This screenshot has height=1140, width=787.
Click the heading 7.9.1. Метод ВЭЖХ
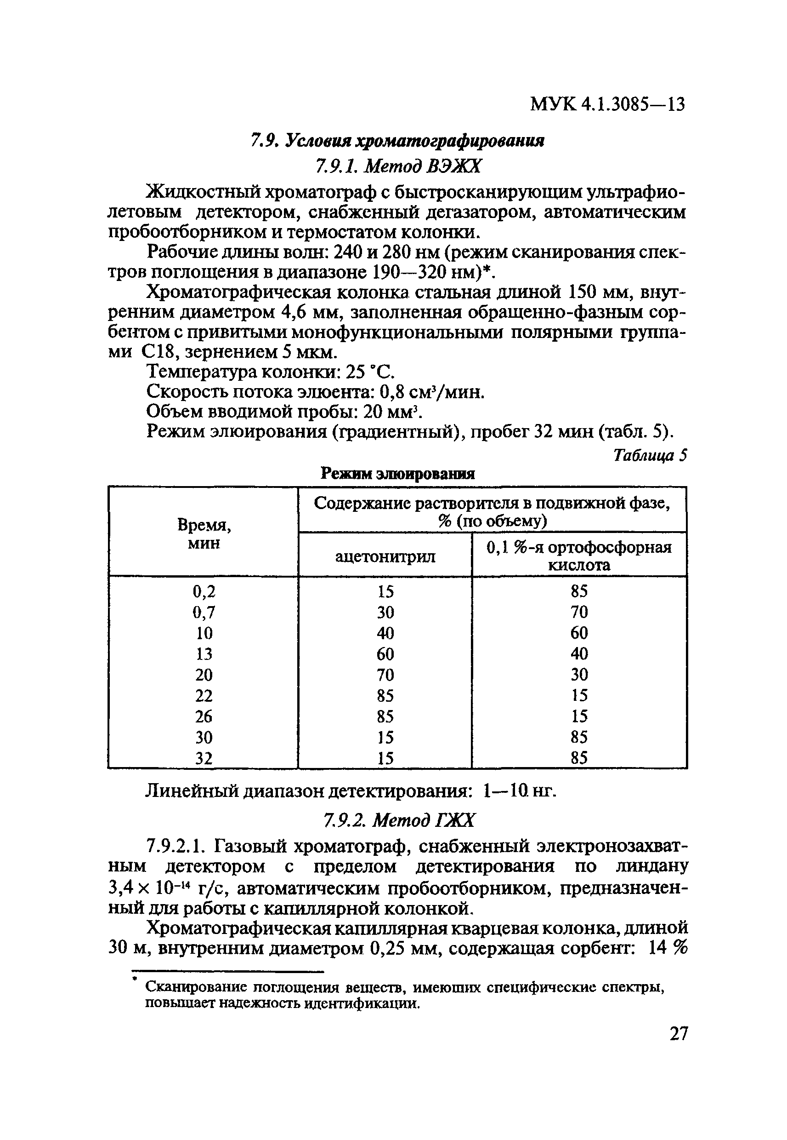coord(397,167)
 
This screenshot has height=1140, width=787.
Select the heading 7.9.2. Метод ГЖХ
coord(398,820)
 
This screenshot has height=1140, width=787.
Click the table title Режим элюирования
coord(397,474)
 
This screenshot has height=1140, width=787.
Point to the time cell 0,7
coord(204,613)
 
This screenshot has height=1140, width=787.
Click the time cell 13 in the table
coord(204,654)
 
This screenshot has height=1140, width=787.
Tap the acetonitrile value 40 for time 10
coord(385,633)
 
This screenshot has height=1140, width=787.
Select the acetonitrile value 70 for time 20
coord(385,675)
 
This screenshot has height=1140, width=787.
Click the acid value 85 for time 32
coord(579,757)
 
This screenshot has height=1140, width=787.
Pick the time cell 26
coord(204,716)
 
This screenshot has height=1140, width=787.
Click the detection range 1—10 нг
coord(520,791)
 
